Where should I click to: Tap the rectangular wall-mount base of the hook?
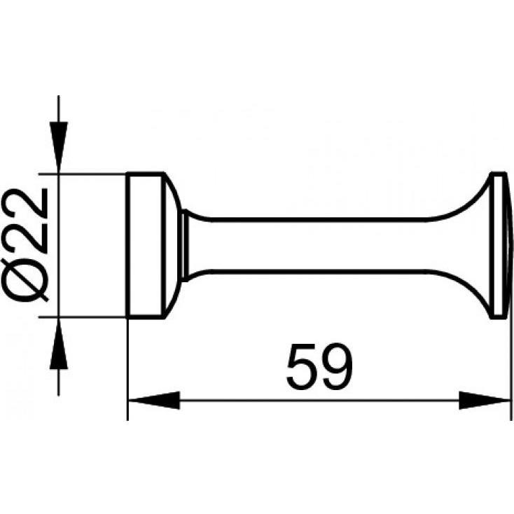(144, 244)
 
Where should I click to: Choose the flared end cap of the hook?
(494, 244)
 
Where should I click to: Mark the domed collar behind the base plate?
(172, 244)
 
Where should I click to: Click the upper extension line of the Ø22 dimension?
(91, 172)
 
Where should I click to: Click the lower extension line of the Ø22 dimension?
(91, 317)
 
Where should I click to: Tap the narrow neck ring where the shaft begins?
(186, 244)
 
